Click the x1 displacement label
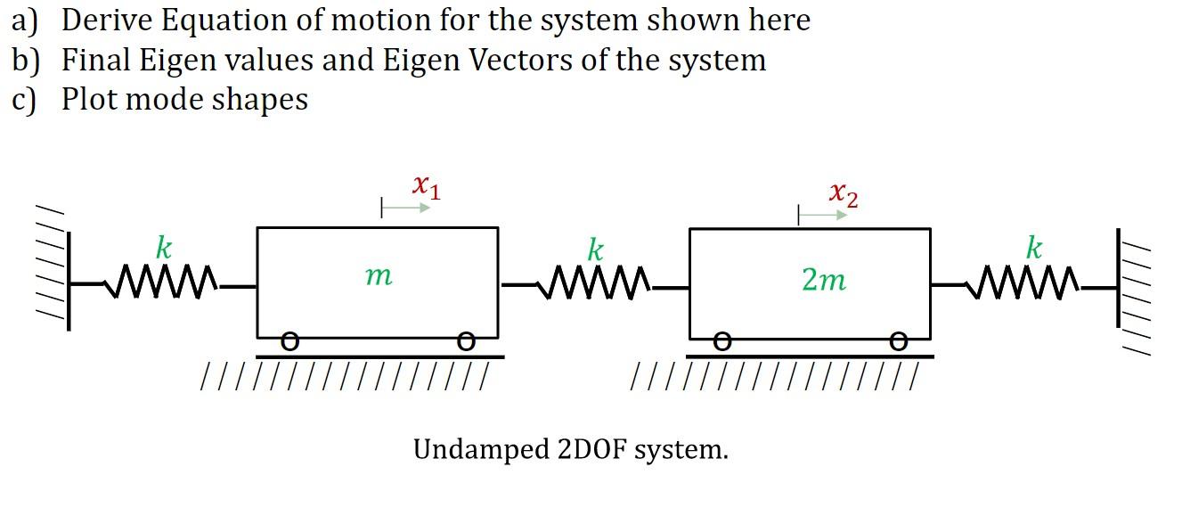point(426,187)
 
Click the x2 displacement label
point(843,193)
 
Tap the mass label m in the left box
point(378,277)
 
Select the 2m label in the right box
point(823,280)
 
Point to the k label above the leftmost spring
point(164,247)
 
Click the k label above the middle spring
point(595,249)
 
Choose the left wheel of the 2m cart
point(723,341)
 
